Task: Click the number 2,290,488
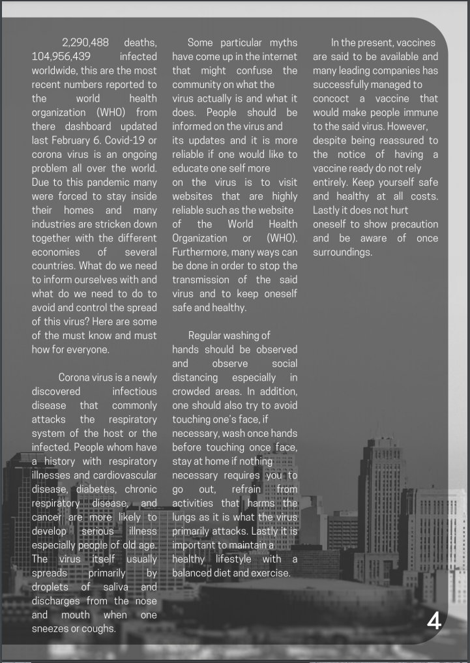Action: point(85,42)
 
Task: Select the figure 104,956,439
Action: point(61,57)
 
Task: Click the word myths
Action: point(280,42)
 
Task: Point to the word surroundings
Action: point(342,252)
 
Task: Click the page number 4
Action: point(434,621)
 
